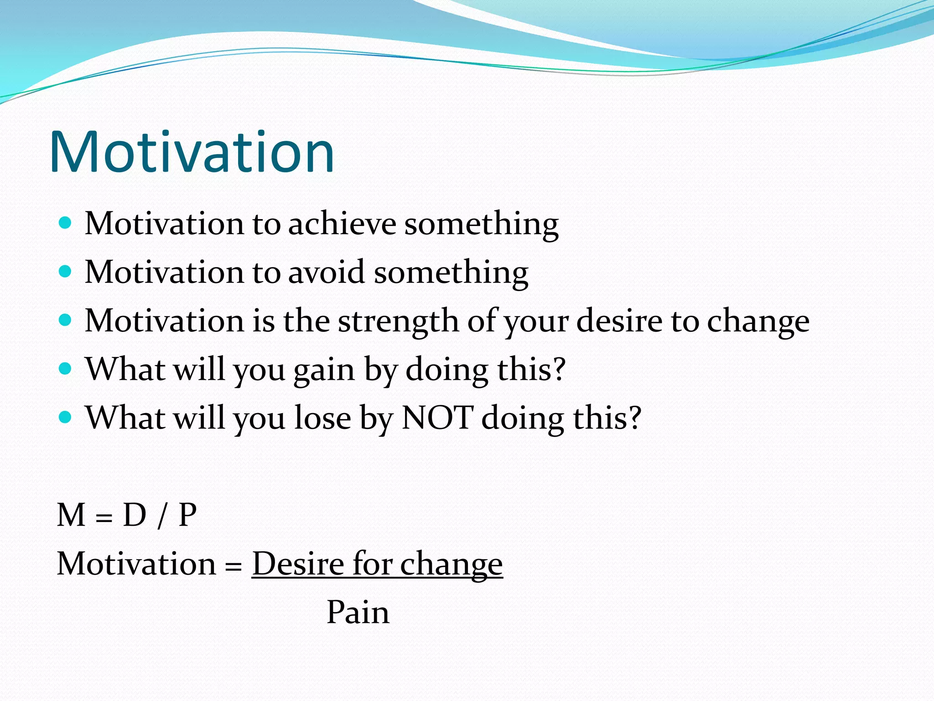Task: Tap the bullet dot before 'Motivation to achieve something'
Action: click(x=66, y=223)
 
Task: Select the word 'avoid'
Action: click(x=327, y=272)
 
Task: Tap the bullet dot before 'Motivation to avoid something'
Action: click(x=66, y=272)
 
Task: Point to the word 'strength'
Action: click(x=398, y=321)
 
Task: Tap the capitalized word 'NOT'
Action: click(x=436, y=418)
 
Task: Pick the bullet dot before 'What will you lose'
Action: click(x=66, y=418)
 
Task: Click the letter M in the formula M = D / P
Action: click(x=71, y=515)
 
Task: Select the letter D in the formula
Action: click(x=135, y=515)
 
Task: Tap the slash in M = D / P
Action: click(x=161, y=516)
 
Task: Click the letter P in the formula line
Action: click(x=187, y=515)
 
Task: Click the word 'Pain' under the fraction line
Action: click(x=358, y=612)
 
